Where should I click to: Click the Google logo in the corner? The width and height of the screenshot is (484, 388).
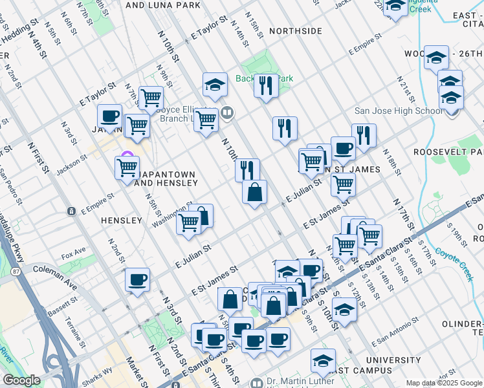coord(21,381)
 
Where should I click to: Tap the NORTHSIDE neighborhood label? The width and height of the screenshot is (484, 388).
coord(295,31)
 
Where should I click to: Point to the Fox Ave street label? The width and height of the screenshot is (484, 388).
coord(74,251)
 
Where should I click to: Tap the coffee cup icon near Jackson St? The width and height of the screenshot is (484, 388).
coord(109,116)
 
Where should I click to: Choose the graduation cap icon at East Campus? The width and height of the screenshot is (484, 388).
coord(322,360)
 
